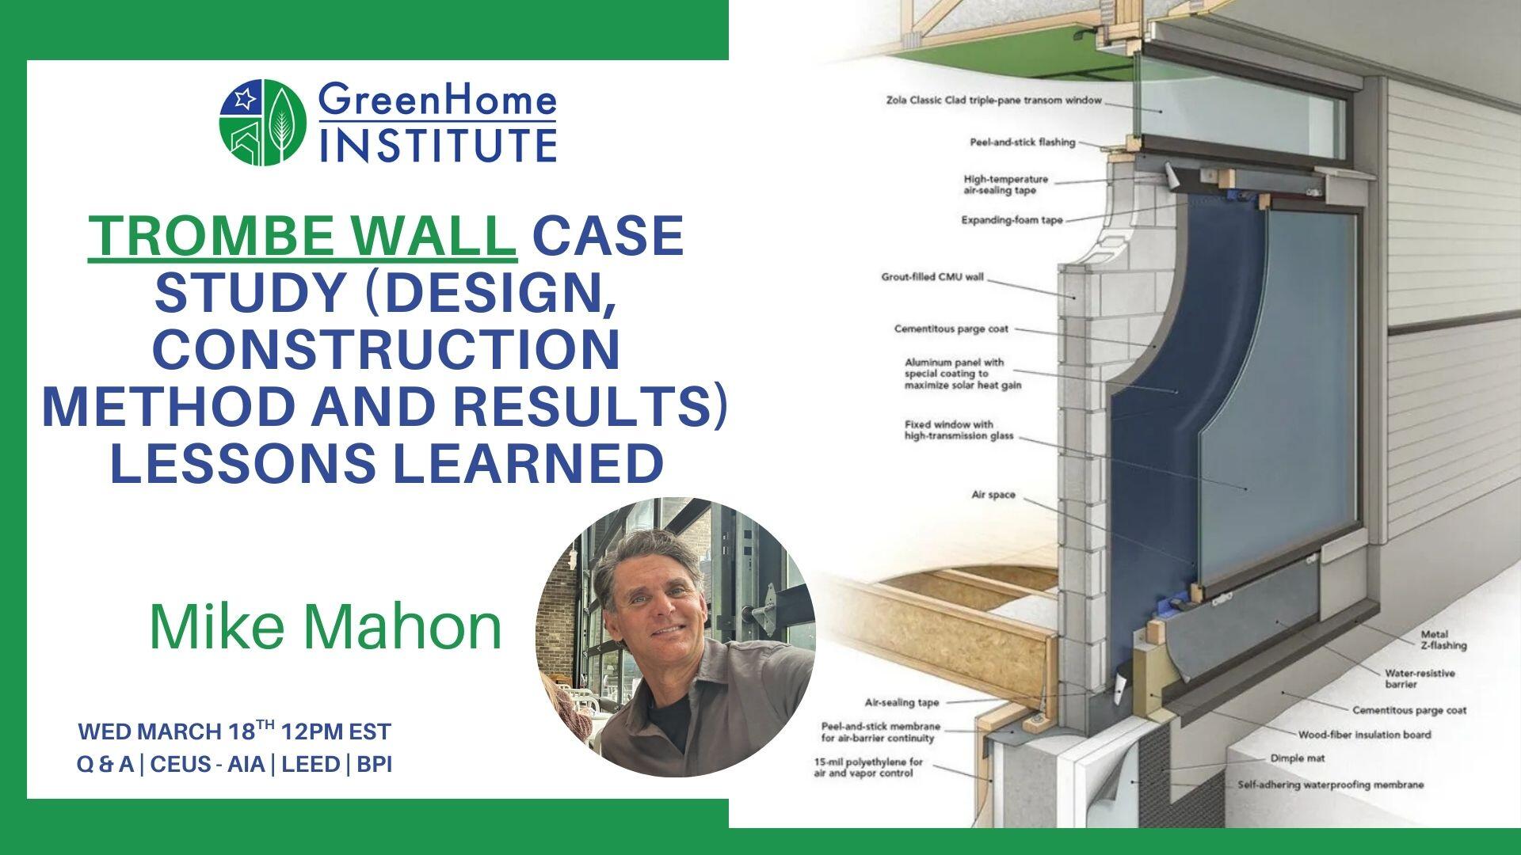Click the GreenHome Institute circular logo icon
tap(263, 123)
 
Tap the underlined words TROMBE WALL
tap(303, 235)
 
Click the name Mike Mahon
tap(326, 627)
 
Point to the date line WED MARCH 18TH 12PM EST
tap(234, 730)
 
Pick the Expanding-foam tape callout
tap(1012, 220)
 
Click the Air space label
tap(993, 495)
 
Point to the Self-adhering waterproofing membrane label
tap(1331, 785)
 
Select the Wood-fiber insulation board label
tap(1364, 735)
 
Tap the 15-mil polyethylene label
tap(868, 767)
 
